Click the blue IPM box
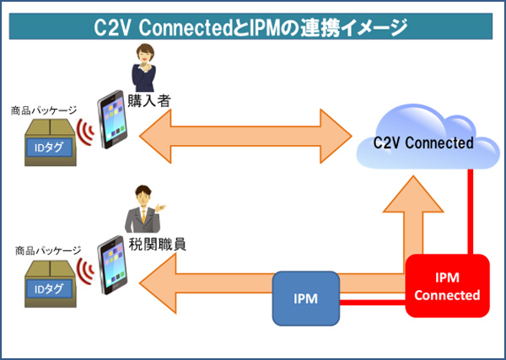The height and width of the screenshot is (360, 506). tap(305, 298)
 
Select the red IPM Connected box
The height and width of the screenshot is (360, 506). tap(447, 286)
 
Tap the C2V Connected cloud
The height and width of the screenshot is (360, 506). tap(428, 140)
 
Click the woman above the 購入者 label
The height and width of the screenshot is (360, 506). tap(144, 67)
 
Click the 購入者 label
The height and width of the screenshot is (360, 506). tap(149, 100)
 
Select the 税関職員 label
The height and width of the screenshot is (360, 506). tap(158, 244)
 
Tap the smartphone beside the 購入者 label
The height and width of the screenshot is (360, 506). tap(112, 120)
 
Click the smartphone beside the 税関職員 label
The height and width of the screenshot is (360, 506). tap(112, 265)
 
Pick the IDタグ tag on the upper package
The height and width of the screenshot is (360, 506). tap(49, 148)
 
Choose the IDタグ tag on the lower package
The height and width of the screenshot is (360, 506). tap(49, 289)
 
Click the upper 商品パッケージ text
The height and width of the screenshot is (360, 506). tap(44, 111)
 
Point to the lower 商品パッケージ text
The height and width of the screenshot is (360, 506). tap(48, 250)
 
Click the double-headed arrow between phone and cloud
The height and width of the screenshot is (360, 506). tap(245, 136)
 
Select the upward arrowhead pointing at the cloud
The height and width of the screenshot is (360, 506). tap(412, 194)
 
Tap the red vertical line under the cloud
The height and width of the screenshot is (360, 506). tap(471, 212)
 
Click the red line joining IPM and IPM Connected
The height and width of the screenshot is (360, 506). tap(373, 303)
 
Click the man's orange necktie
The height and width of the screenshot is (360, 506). tap(143, 216)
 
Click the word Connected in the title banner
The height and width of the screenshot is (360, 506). tap(185, 28)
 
